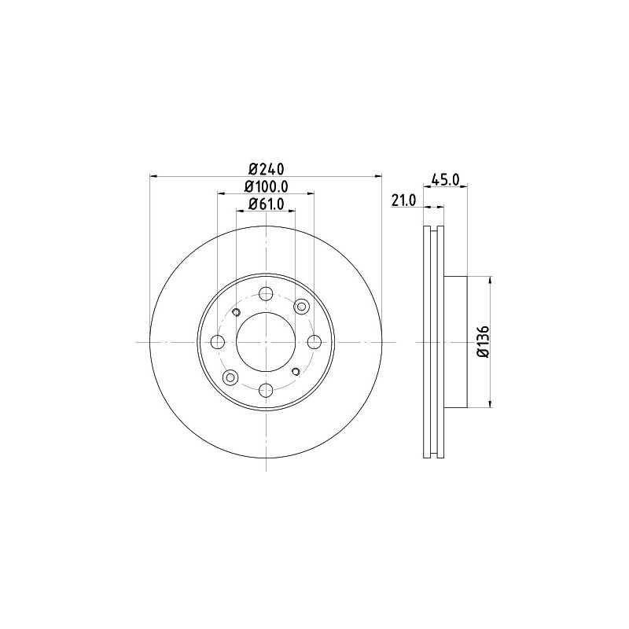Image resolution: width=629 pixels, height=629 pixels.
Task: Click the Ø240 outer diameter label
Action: pyautogui.click(x=266, y=169)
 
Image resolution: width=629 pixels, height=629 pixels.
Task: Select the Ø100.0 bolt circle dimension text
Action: pyautogui.click(x=266, y=186)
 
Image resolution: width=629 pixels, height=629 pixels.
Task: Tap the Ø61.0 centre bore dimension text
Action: pyautogui.click(x=266, y=204)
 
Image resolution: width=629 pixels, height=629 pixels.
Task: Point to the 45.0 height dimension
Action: pyautogui.click(x=445, y=179)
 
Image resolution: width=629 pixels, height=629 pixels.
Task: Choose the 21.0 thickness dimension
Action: pyautogui.click(x=404, y=200)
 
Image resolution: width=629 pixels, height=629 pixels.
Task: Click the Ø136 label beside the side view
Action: pyautogui.click(x=484, y=342)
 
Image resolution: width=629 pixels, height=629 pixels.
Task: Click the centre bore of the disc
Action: pyautogui.click(x=266, y=342)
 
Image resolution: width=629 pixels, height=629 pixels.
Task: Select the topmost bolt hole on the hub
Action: pyautogui.click(x=266, y=294)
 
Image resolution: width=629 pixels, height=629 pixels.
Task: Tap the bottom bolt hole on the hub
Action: pyautogui.click(x=266, y=390)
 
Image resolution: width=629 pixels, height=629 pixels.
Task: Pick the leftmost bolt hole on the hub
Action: pyautogui.click(x=218, y=342)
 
